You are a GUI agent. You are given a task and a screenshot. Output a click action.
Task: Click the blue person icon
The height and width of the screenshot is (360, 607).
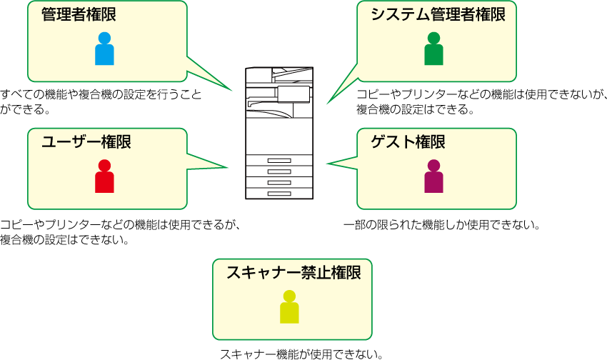point(104,49)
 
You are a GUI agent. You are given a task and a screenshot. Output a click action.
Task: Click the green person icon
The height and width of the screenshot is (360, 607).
point(433,49)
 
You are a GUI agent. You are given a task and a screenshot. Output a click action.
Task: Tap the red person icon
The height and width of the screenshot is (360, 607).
point(104,176)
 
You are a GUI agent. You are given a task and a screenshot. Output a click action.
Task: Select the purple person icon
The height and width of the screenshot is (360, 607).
point(433,176)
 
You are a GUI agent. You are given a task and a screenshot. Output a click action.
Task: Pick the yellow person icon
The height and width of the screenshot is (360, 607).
point(289,307)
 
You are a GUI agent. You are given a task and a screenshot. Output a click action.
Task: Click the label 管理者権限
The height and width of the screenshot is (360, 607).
point(79,15)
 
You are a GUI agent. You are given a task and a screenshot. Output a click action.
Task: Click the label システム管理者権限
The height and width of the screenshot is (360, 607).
point(438,15)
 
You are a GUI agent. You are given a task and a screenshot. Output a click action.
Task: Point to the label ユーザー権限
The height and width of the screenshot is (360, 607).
point(86,142)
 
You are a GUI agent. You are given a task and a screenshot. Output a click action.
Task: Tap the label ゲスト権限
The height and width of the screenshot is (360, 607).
point(408,142)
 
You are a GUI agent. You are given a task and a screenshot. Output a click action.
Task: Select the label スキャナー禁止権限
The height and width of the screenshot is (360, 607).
point(294,272)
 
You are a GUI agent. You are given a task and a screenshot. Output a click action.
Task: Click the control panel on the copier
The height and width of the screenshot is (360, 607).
point(294,94)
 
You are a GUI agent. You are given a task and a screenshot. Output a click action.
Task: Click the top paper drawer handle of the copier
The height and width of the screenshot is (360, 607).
point(279,161)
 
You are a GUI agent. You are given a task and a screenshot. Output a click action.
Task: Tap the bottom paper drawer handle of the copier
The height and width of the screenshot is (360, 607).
point(279,194)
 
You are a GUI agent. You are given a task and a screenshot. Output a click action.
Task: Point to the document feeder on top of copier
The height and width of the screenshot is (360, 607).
point(279,74)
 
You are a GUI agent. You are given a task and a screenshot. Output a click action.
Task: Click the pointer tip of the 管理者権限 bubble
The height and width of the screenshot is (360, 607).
point(232,91)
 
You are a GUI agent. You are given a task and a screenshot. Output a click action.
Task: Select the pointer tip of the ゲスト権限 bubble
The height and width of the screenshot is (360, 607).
point(328,164)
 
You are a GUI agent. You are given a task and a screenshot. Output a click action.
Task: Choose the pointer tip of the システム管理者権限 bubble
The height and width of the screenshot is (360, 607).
point(327,104)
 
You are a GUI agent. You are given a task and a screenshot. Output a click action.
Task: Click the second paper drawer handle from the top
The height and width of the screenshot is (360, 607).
point(279,171)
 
